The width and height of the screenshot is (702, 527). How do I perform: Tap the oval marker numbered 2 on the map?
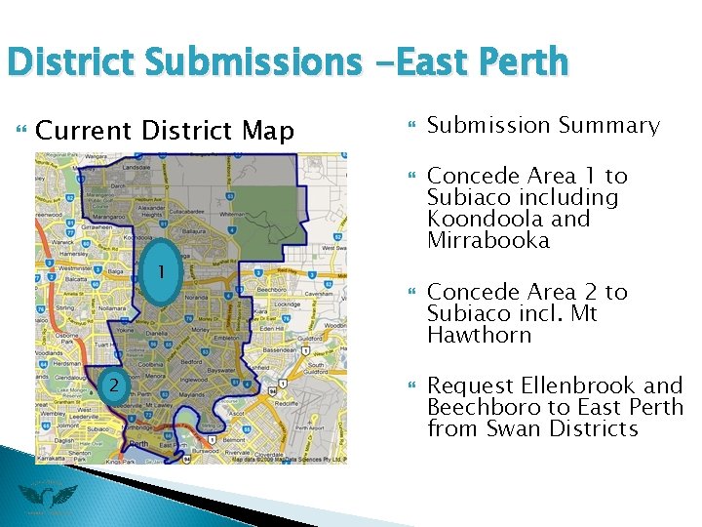(x=114, y=385)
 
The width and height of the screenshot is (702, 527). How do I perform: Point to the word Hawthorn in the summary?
(x=479, y=335)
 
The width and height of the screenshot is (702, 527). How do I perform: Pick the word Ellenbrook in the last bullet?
(x=579, y=385)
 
